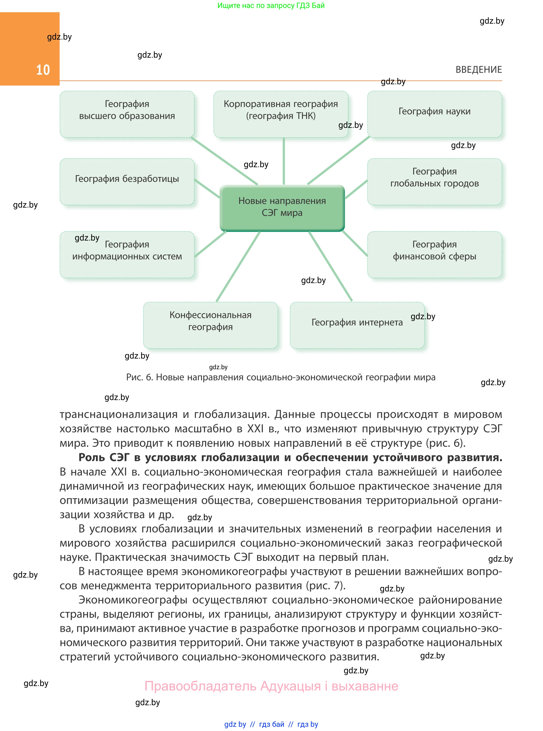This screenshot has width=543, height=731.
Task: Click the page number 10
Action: tap(43, 70)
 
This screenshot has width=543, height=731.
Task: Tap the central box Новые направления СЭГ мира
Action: tap(282, 207)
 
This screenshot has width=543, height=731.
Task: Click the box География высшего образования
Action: tap(127, 114)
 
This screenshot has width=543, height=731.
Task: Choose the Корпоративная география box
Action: tap(281, 114)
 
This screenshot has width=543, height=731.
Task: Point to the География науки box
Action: tap(434, 114)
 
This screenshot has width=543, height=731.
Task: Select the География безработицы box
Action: tap(127, 182)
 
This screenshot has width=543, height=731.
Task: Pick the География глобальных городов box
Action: tap(434, 182)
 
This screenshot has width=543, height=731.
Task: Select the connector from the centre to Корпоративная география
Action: tap(284, 161)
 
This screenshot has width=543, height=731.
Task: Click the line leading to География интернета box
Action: tap(330, 266)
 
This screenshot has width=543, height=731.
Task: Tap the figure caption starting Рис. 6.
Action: tap(280, 377)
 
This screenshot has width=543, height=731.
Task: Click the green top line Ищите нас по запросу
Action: tap(271, 6)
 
